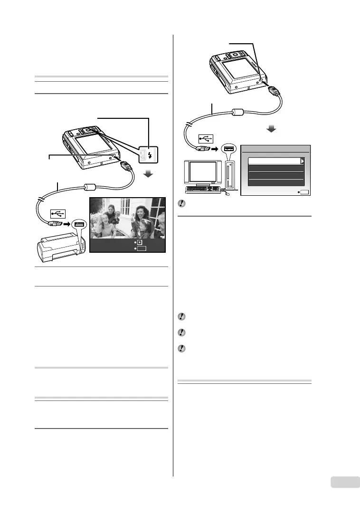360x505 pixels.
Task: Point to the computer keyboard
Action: [x=203, y=190]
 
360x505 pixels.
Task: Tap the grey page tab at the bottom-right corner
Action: [x=341, y=483]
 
